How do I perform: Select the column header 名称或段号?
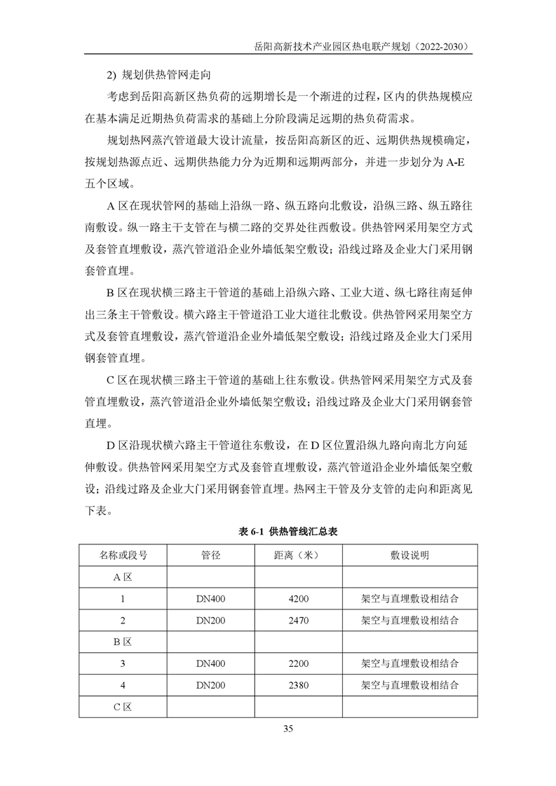pyautogui.click(x=123, y=556)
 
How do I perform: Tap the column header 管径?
pyautogui.click(x=210, y=556)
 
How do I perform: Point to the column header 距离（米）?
pyautogui.click(x=298, y=556)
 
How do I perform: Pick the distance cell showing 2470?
pyautogui.click(x=298, y=620)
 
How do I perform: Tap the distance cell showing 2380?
pyautogui.click(x=298, y=684)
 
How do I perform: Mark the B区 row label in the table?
pyautogui.click(x=123, y=642)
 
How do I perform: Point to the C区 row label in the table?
pyautogui.click(x=123, y=706)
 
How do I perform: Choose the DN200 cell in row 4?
pyautogui.click(x=210, y=684)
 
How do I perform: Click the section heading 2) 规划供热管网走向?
pyautogui.click(x=157, y=73)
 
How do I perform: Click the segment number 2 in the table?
pyautogui.click(x=123, y=620)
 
